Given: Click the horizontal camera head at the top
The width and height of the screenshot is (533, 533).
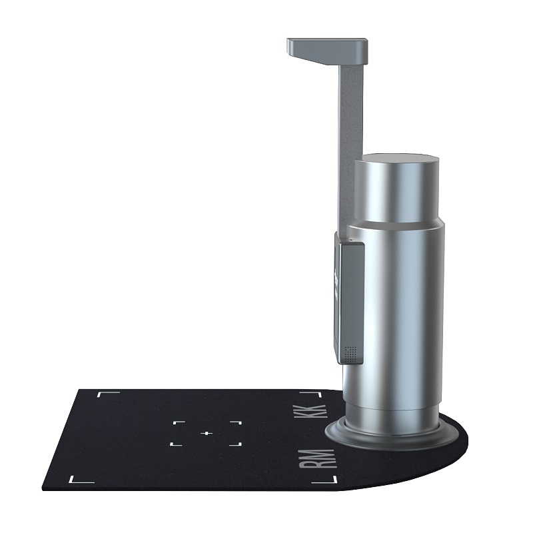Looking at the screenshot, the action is [x=327, y=51].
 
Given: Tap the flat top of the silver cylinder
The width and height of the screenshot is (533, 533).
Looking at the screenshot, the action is [x=397, y=159].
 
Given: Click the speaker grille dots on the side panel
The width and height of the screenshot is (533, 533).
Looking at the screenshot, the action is [x=351, y=354].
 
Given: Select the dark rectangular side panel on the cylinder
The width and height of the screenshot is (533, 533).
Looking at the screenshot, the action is [x=350, y=302].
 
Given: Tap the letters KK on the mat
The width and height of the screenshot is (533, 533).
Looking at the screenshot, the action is [x=312, y=411].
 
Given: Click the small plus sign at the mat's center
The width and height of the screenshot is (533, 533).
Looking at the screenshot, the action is [x=207, y=434].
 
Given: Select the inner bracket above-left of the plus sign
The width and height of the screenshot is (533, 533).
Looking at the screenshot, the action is [x=179, y=422].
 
